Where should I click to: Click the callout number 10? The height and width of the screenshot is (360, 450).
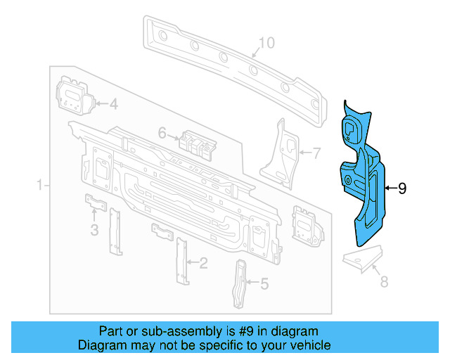(266, 44)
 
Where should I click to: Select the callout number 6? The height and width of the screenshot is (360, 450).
(162, 132)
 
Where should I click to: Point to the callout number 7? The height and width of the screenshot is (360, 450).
(316, 152)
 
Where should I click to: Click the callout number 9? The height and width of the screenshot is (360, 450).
(402, 188)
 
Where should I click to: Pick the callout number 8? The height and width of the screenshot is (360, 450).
(384, 282)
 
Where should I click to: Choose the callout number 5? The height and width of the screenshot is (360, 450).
(264, 284)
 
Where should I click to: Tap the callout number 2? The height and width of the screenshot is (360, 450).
(203, 264)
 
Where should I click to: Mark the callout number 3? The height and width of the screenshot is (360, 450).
(94, 230)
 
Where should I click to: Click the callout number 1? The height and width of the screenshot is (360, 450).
(40, 185)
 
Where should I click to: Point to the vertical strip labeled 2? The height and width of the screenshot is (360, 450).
(182, 260)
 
